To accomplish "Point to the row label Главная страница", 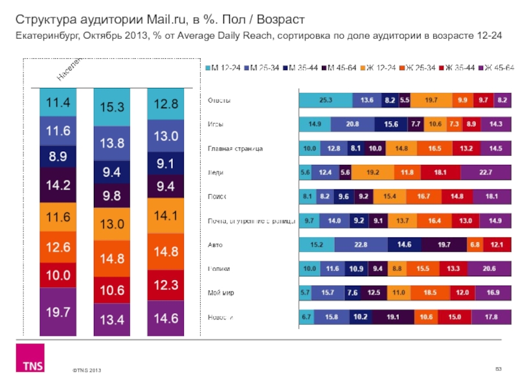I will (234, 149).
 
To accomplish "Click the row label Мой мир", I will (220, 293).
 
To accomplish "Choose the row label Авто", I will (215, 245).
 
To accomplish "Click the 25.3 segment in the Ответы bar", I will (326, 100).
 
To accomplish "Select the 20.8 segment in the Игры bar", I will (353, 124).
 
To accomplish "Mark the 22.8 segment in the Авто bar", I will (361, 245).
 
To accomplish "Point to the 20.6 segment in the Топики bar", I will (490, 269).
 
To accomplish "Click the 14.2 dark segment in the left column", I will (58, 186).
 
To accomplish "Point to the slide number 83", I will (499, 369).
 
